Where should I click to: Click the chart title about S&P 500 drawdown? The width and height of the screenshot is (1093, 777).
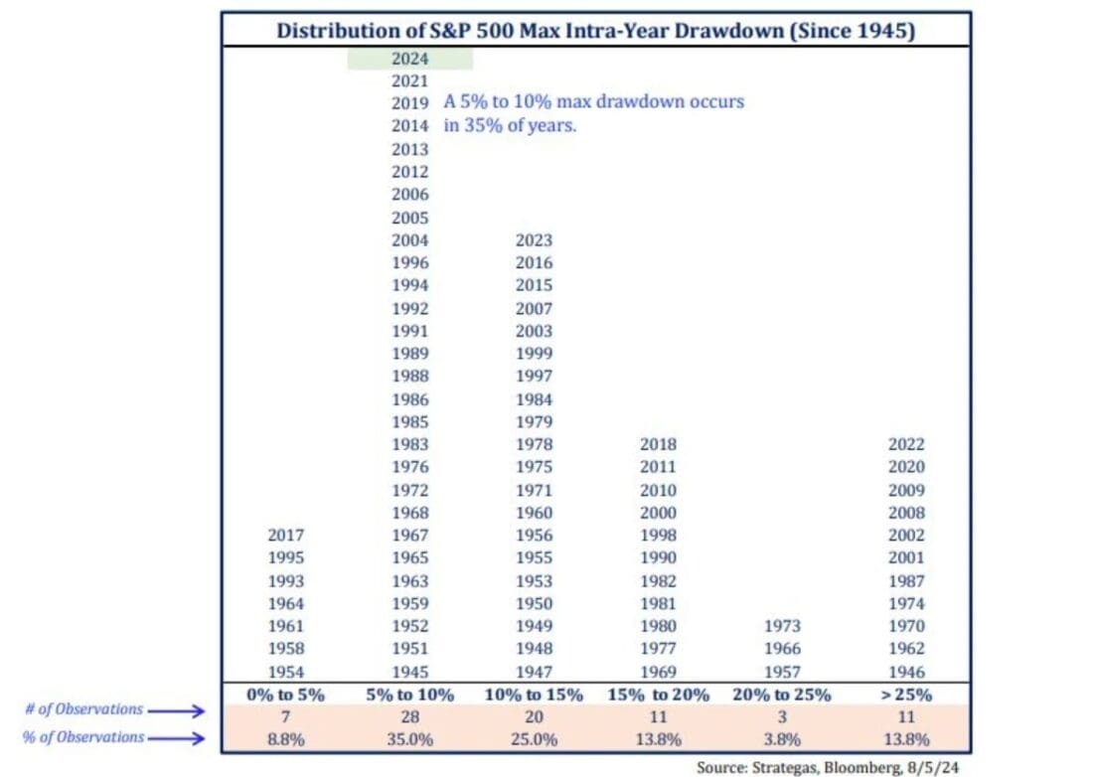pos(596,31)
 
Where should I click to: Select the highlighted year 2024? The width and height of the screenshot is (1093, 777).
pos(409,59)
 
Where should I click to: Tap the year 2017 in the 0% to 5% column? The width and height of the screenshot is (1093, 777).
pos(286,536)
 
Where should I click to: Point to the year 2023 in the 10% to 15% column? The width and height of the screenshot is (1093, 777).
pos(534,239)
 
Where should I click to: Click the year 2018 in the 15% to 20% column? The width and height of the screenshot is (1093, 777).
pos(658,444)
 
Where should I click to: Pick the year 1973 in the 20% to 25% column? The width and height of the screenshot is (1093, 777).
pos(782,626)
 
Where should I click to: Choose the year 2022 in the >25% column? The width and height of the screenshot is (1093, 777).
pos(906,444)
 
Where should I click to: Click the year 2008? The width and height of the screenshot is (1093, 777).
pos(906,513)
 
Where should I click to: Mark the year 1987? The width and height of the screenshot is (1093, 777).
pos(906,581)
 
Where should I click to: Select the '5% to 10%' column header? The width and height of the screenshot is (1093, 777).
pos(409,695)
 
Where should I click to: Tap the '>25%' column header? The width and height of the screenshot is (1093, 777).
pos(906,695)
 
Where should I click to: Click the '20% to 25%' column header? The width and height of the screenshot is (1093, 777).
pos(782,695)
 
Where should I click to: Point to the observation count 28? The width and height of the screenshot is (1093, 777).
pos(409,715)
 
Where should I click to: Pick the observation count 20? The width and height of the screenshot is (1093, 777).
pos(534,715)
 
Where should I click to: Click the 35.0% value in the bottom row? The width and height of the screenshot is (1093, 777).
pos(409,738)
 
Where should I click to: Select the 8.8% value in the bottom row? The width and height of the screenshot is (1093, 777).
pos(286,738)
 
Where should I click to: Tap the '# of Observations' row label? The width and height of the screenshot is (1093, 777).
pos(83,709)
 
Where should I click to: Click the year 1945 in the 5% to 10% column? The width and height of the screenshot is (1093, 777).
pos(409,672)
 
